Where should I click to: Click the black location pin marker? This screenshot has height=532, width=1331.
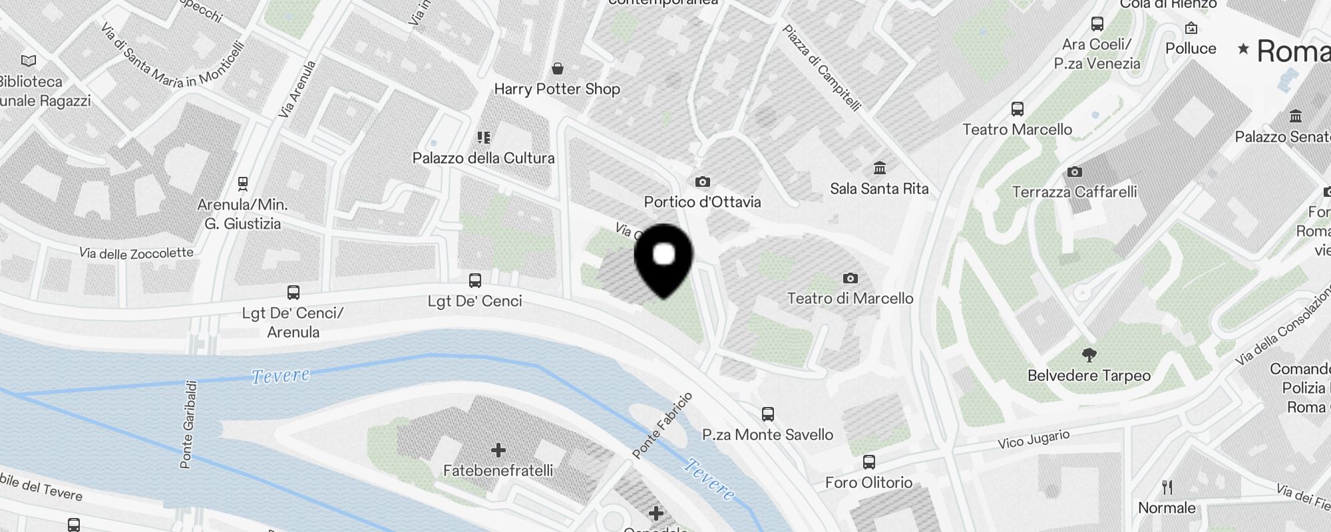coord(664,259)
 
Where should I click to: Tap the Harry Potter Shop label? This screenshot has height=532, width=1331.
coord(557,89)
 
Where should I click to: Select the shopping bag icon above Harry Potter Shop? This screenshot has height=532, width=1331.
coord(558,68)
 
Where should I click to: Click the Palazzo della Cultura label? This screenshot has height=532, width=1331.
coord(483,158)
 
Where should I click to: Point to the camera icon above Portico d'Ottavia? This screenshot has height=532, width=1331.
coord(702,182)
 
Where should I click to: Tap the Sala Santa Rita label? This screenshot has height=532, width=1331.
coord(879,189)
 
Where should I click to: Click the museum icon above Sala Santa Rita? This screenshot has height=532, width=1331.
coord(880,167)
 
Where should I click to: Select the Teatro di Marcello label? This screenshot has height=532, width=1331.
coord(850,299)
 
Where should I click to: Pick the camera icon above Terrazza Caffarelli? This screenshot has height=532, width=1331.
coord(1074,172)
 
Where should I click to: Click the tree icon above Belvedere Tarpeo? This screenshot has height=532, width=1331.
coord(1089,354)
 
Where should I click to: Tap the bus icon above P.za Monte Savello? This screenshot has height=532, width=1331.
coord(767,414)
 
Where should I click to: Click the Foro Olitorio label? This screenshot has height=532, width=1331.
coord(868,483)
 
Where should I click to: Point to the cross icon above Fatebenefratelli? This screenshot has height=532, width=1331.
coord(498,450)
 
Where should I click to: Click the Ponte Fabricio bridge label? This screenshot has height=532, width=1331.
coord(662,426)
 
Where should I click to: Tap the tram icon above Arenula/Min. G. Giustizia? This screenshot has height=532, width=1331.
coord(243,184)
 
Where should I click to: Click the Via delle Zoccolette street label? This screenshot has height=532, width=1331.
coord(136,253)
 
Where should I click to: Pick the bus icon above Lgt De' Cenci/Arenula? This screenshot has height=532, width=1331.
coord(293,292)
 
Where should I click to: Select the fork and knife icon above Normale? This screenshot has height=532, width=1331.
coord(1167,487)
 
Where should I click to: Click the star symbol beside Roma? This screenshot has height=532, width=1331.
coord(1242,49)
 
